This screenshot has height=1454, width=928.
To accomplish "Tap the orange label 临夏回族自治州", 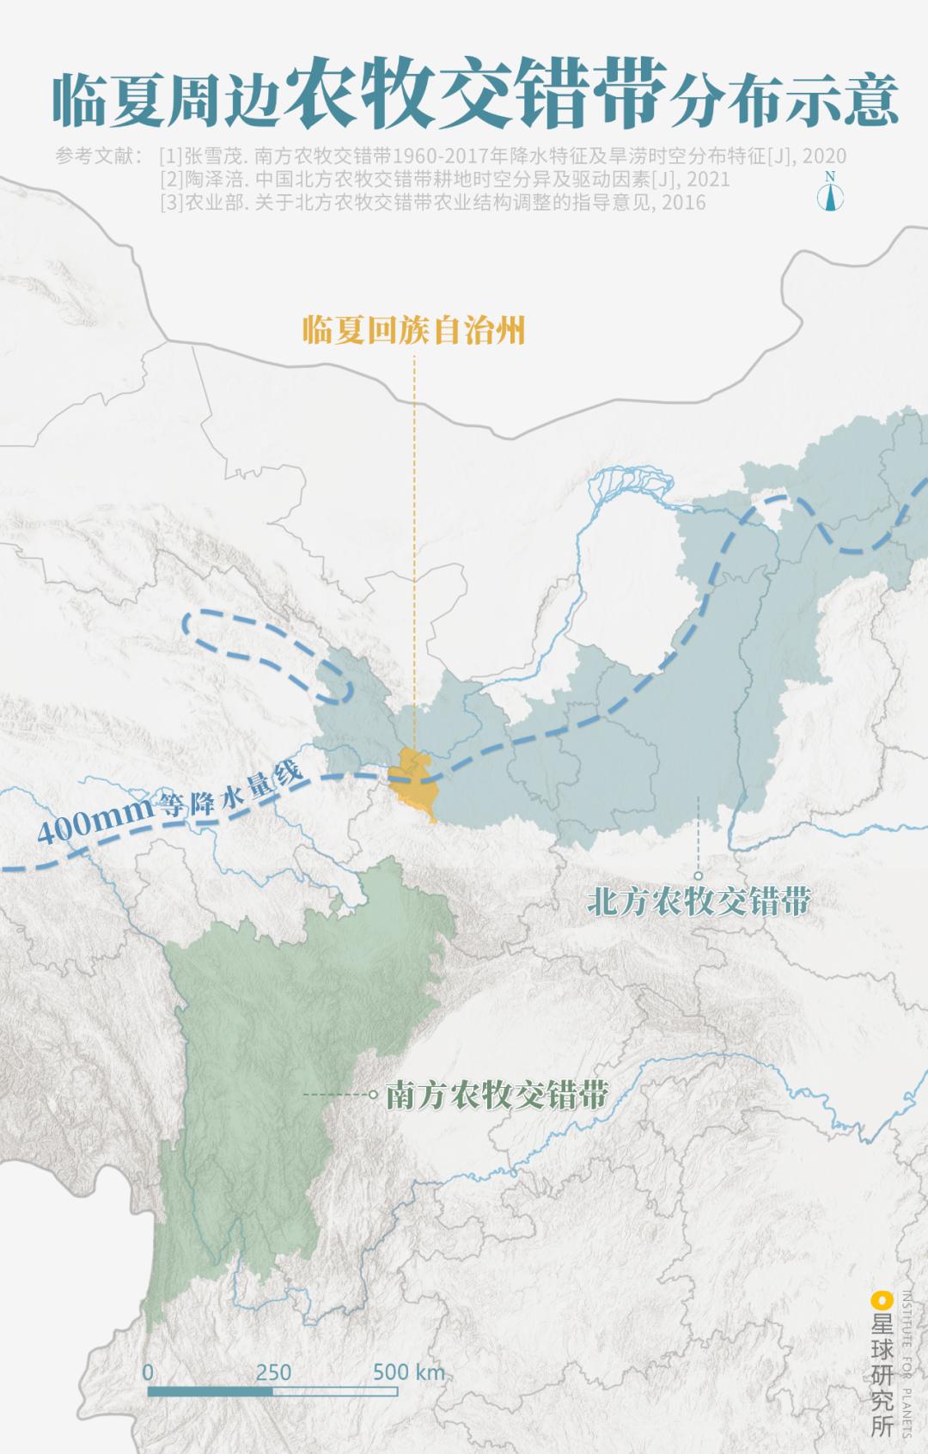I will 413,330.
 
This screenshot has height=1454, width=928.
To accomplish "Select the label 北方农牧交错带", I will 699,901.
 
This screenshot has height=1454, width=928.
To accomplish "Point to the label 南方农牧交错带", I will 497,1095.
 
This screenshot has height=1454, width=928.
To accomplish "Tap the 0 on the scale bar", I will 148,1372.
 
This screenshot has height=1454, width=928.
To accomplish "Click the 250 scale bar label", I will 273,1372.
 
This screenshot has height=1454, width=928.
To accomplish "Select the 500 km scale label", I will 409,1372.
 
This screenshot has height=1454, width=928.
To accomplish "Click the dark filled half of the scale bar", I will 211,1390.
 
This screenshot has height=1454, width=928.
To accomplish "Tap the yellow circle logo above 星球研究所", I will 881,1299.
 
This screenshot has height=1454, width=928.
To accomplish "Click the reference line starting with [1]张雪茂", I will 503,156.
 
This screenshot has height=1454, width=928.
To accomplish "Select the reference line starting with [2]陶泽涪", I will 444,179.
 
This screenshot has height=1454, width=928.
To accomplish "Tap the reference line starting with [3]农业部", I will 432,202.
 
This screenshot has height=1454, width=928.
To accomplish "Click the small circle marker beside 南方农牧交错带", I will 373,1095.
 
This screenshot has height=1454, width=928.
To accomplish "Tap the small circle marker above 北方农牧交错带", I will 698,876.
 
